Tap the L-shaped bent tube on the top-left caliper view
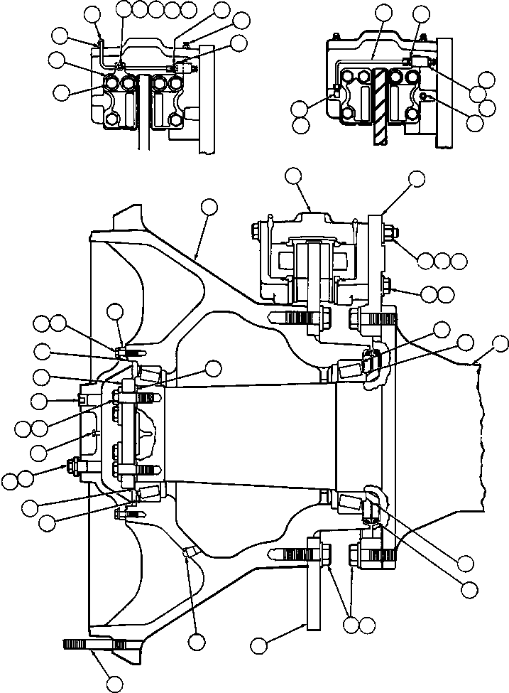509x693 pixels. point(102,54)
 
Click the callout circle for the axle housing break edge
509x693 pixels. point(500,345)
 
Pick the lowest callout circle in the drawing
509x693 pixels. point(113,684)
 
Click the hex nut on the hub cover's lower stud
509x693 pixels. point(72,467)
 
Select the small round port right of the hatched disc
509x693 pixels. point(424,95)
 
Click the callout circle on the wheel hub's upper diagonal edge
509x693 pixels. point(209,207)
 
